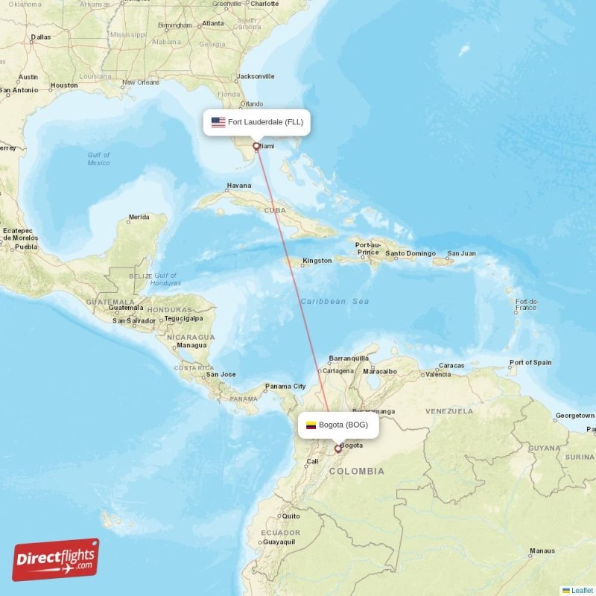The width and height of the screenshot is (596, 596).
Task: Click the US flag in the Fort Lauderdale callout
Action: [218, 122]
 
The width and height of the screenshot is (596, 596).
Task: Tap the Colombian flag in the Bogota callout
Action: [311, 425]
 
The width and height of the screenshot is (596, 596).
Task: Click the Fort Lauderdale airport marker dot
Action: [256, 147]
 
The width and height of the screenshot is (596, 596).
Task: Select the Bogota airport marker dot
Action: [337, 448]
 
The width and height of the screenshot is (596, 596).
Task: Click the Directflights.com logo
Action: [56, 559]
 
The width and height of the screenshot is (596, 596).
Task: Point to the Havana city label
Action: [239, 186]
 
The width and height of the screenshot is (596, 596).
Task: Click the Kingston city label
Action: [317, 261]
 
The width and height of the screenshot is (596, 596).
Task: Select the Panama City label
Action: [285, 387]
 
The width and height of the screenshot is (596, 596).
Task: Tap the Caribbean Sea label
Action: [335, 301]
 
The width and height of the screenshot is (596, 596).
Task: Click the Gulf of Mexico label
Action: [98, 159]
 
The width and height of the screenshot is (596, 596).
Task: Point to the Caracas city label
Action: [451, 366]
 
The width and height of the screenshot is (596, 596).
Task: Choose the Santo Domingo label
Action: [410, 253]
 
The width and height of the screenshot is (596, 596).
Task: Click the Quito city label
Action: [291, 516]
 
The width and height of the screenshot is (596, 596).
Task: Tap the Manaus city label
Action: [542, 551]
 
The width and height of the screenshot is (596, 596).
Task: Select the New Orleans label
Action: [141, 83]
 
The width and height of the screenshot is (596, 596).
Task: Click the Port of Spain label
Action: [530, 363]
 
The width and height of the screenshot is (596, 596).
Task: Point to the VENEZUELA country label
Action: [449, 411]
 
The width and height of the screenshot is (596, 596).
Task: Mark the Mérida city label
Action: [139, 218]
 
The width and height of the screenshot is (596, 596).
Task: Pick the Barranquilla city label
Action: [349, 358]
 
